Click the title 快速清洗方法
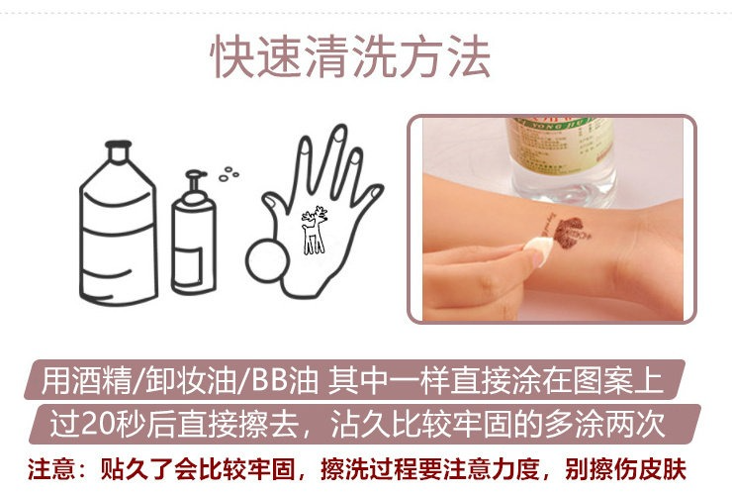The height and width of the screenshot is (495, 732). click(350, 56)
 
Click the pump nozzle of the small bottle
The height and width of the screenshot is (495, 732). click(195, 180)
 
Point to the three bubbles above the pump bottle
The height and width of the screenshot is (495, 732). click(229, 173)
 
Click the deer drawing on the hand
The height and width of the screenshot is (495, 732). click(314, 230)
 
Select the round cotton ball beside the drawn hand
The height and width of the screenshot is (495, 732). click(266, 260)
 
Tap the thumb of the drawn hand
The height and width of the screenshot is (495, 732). click(276, 206)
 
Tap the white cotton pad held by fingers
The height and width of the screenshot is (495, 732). click(537, 250)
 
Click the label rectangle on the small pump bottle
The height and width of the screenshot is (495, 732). click(191, 265)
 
